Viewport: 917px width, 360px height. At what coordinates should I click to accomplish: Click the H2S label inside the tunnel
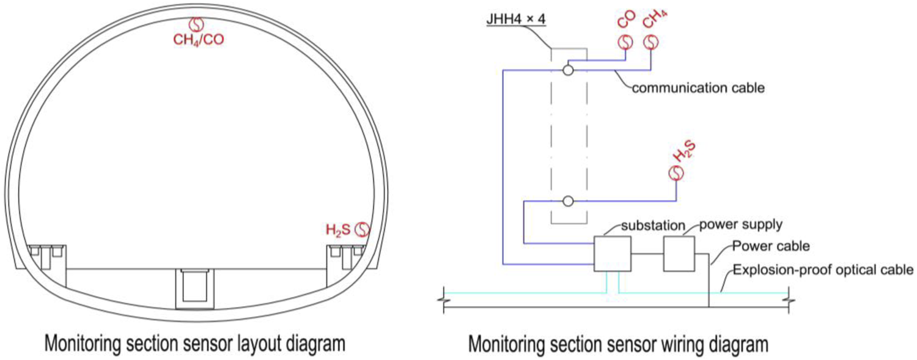point(338,230)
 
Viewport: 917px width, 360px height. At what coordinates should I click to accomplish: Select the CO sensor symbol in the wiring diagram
point(626,42)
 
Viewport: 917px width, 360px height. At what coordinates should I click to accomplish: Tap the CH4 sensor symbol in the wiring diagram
point(652,42)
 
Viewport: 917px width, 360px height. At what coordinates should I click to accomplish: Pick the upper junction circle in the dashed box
point(568,70)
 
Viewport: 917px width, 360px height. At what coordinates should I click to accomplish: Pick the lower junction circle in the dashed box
point(568,200)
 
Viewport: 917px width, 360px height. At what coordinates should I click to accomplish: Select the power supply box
point(679,254)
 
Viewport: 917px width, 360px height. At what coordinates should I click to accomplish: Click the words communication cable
point(698,88)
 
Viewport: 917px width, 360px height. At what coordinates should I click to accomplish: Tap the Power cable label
point(772,247)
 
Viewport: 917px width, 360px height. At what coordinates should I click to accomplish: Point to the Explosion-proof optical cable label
point(823,270)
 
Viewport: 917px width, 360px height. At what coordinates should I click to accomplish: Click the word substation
point(653,226)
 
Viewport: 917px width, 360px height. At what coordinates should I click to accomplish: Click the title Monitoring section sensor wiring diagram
point(618,344)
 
